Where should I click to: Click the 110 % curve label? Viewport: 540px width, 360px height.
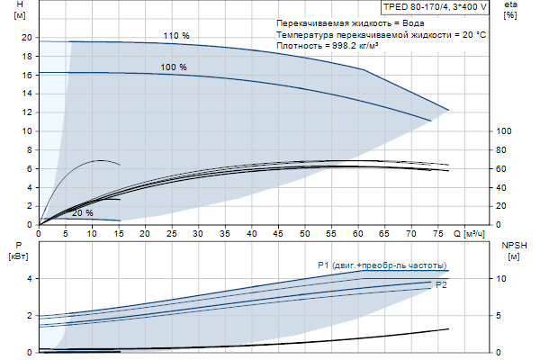coord(176,35)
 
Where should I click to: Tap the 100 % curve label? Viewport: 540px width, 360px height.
coord(174,67)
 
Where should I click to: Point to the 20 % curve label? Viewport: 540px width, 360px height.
coord(82,213)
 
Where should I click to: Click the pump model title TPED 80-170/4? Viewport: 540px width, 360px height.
coord(418,7)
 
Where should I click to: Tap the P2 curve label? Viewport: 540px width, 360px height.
coord(441,284)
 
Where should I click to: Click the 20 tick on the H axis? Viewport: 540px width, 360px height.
coord(27,38)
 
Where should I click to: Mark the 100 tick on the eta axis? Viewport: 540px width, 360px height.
coord(504,131)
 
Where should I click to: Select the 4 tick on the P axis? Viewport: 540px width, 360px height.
coord(30,279)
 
